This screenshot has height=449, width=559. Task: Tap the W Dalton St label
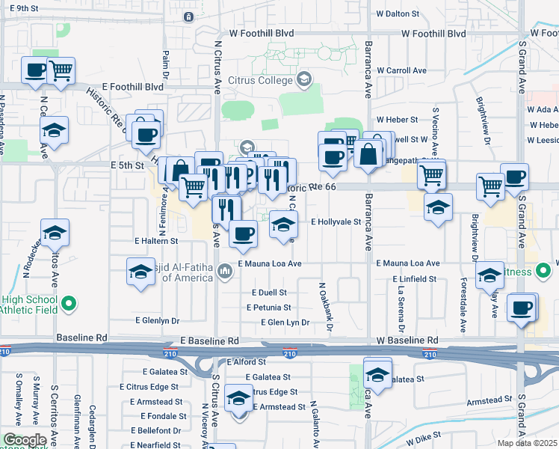[x=401, y=13]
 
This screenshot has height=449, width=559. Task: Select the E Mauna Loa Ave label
[x=269, y=264]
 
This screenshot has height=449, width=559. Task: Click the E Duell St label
[x=270, y=293]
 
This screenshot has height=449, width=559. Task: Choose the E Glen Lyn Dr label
[x=285, y=323]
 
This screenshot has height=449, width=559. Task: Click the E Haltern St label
[x=156, y=242]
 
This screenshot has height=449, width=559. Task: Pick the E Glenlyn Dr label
[x=158, y=320]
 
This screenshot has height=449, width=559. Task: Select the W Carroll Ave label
[x=401, y=70]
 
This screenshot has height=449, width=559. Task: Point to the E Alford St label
[x=246, y=361]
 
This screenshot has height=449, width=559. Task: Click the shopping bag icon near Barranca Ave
[x=370, y=155]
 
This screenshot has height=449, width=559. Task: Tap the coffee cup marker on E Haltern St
[x=243, y=234]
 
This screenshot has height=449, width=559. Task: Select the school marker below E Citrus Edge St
[x=238, y=398]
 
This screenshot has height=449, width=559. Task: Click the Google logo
[x=25, y=440]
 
